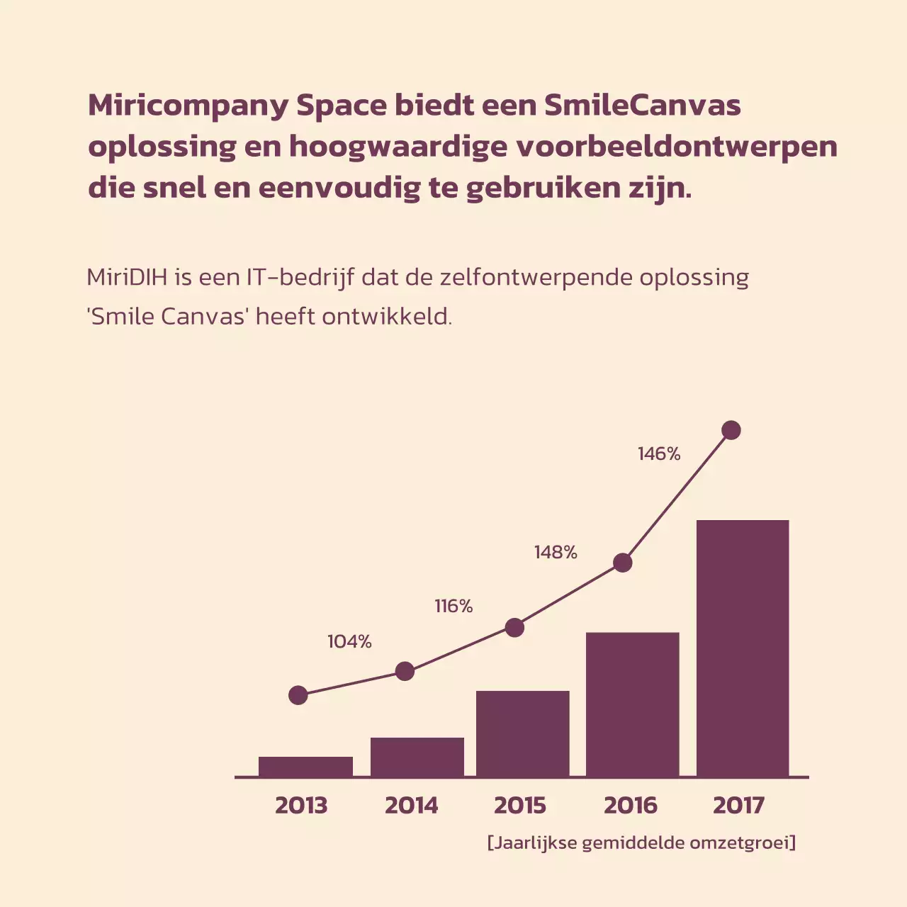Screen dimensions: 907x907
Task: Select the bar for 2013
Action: click(x=305, y=767)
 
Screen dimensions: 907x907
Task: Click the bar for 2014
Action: click(x=417, y=757)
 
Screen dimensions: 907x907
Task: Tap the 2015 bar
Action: click(x=523, y=733)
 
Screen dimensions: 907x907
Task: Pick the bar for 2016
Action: click(x=633, y=704)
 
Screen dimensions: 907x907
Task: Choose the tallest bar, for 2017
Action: click(x=743, y=648)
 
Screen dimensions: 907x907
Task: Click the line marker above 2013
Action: click(x=298, y=695)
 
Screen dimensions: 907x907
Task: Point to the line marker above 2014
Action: click(x=405, y=671)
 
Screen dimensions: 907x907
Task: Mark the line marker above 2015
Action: click(x=514, y=628)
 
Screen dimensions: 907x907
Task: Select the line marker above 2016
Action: click(x=622, y=563)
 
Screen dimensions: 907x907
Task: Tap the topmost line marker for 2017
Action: click(x=731, y=430)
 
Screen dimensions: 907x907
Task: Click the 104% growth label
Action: click(x=349, y=642)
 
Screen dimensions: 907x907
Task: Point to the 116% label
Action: click(x=453, y=607)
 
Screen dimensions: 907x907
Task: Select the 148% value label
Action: click(x=556, y=553)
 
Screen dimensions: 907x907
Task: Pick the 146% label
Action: click(x=659, y=454)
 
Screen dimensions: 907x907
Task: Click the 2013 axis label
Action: click(x=301, y=806)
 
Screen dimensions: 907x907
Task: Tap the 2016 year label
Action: click(x=630, y=806)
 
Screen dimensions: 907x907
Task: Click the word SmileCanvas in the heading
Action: click(x=643, y=106)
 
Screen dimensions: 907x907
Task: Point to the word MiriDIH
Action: click(x=127, y=277)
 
